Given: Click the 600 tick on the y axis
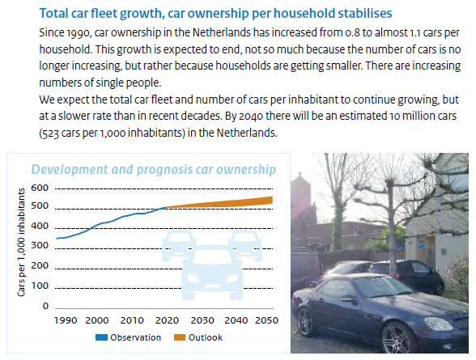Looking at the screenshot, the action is (40, 188).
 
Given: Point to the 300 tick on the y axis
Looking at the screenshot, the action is (40, 245).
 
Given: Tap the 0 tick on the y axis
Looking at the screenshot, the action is (45, 306).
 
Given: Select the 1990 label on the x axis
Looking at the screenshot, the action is (66, 320).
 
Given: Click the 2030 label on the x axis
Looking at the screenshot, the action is (202, 320).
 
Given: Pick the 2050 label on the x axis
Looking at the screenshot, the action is (266, 320).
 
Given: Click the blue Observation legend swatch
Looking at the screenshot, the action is (101, 337).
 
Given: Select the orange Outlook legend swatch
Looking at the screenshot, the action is (180, 337).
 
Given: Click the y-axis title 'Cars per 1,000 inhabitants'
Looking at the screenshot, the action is (21, 242).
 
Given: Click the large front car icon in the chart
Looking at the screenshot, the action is (212, 273).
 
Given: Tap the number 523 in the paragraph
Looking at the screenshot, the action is (50, 133).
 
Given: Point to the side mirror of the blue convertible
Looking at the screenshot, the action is (348, 299).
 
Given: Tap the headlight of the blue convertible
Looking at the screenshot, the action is (439, 324).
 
